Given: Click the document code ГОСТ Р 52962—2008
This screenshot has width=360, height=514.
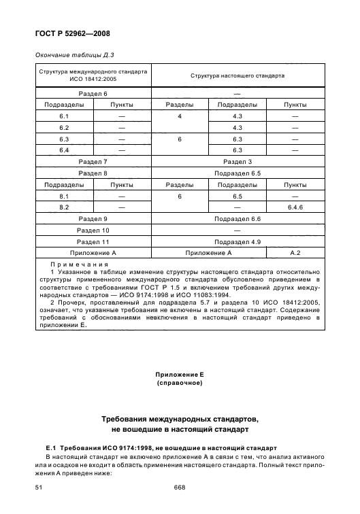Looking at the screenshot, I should [73, 33].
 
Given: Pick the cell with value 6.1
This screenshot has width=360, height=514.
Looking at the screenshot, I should [64, 116].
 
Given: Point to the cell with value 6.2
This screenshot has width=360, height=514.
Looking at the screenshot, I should [64, 127].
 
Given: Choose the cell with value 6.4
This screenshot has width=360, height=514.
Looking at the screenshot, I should [64, 150].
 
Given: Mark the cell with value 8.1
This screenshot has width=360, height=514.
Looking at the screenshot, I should [64, 195].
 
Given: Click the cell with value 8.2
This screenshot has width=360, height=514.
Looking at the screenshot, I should [64, 206].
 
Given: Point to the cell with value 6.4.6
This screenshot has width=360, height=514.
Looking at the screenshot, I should [295, 206].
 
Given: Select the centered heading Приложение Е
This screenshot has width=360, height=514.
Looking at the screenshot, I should [180, 375].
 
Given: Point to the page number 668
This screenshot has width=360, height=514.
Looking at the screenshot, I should [180, 487].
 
